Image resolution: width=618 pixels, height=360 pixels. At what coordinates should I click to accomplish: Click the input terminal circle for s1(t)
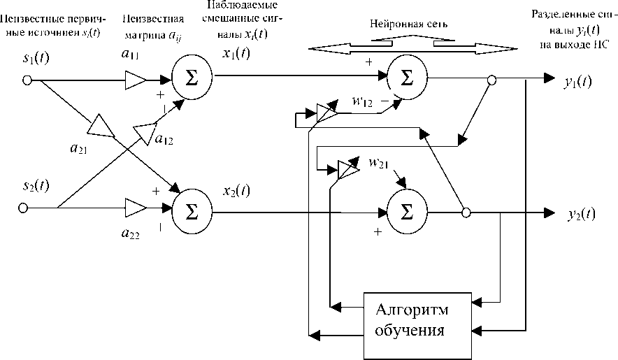click(27, 80)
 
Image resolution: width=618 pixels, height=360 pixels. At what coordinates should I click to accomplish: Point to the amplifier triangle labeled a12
click(145, 131)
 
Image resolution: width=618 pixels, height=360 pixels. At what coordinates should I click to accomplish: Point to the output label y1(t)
click(577, 81)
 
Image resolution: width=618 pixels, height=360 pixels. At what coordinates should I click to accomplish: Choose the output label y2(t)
click(580, 213)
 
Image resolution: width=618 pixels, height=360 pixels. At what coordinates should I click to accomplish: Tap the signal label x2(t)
click(236, 192)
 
